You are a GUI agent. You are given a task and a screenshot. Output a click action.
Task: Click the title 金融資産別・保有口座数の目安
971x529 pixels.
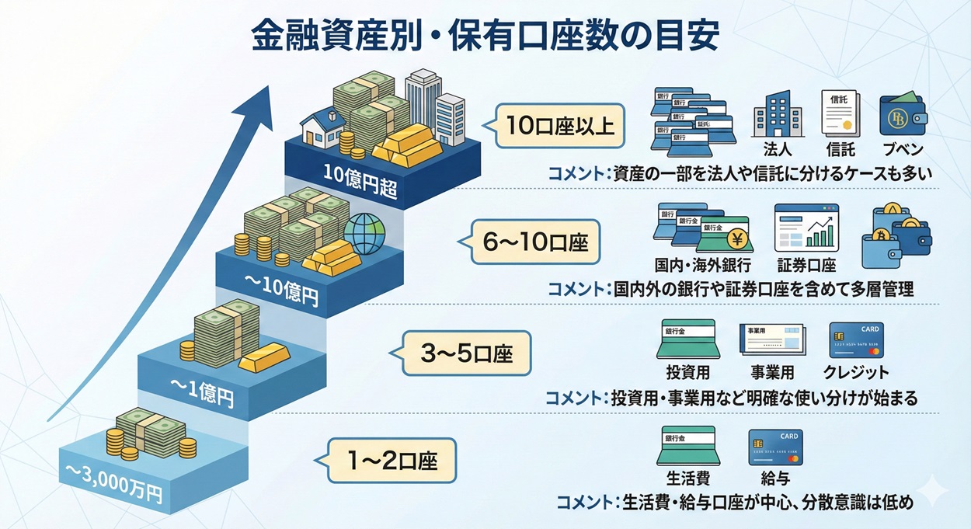click(485, 35)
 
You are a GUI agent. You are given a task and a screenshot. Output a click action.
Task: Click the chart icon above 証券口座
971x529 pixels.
click(806, 228)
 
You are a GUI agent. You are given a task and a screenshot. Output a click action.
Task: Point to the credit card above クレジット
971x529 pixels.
click(856, 339)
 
